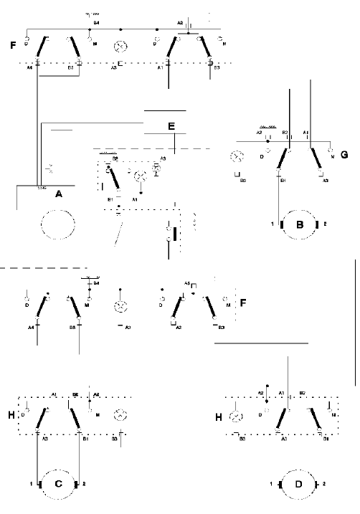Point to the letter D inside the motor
coord(298,485)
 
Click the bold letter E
coord(171,127)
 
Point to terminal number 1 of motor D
coord(270,485)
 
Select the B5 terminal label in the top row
coord(70,70)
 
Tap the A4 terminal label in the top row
coord(29,70)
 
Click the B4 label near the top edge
coord(95,24)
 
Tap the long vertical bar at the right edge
coord(354,323)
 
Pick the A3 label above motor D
coord(284,437)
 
